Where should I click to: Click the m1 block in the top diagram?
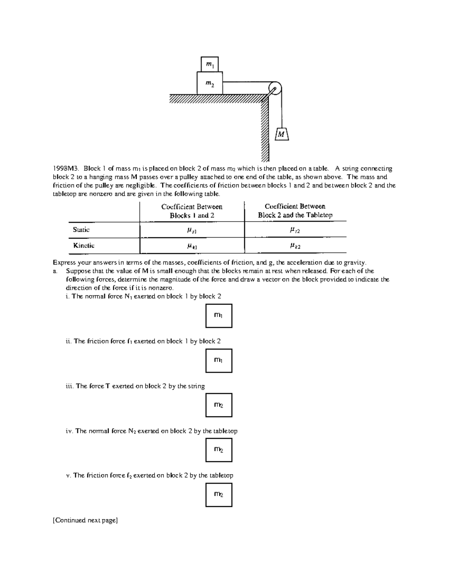pyautogui.click(x=210, y=64)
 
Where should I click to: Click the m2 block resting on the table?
pyautogui.click(x=210, y=83)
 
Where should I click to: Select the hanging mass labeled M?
pyautogui.click(x=282, y=134)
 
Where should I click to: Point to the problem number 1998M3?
pyautogui.click(x=66, y=169)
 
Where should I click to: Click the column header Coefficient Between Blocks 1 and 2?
pyautogui.click(x=192, y=211)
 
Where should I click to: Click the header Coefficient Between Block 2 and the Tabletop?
pyautogui.click(x=295, y=211)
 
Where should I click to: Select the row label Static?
pyautogui.click(x=81, y=230)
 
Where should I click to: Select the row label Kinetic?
pyautogui.click(x=83, y=245)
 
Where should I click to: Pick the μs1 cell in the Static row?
pyautogui.click(x=192, y=230)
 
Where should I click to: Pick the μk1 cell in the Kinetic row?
pyautogui.click(x=192, y=246)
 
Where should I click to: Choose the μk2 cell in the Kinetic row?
pyautogui.click(x=295, y=246)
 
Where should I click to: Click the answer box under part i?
pyautogui.click(x=219, y=316)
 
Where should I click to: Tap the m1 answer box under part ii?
pyautogui.click(x=219, y=360)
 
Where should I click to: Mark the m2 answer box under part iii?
pyautogui.click(x=219, y=405)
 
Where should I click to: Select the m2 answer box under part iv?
pyautogui.click(x=219, y=450)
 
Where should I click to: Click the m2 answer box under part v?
pyautogui.click(x=219, y=495)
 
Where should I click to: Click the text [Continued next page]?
pyautogui.click(x=85, y=520)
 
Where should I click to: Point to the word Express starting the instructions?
pyautogui.click(x=64, y=262)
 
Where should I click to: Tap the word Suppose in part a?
pyautogui.click(x=78, y=271)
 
